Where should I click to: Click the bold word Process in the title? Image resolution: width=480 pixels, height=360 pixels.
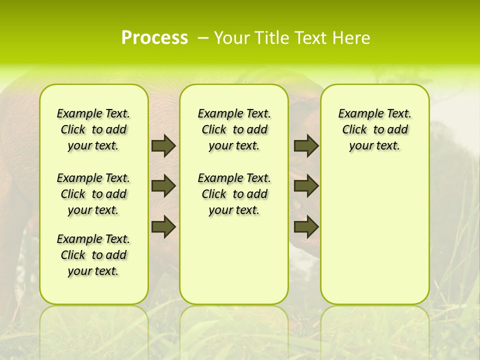coord(154,38)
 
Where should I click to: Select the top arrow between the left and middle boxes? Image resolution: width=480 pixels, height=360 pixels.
coord(163,145)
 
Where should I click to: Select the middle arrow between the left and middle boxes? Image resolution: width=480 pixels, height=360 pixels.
coord(163,186)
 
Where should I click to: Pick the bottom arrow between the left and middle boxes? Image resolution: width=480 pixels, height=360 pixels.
coord(163,226)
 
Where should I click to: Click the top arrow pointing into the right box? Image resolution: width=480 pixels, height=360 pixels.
coord(306,145)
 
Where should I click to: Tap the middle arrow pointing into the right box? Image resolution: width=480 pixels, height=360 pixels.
coord(306,186)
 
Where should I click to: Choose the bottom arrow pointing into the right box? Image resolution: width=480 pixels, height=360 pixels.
coord(306,226)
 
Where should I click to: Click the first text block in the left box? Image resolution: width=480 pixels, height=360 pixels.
coord(93,129)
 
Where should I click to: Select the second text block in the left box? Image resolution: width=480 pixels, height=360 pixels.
coord(93,194)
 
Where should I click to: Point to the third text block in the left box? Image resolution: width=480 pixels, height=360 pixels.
coord(93,255)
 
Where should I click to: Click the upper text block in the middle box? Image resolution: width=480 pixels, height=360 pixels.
coord(234,129)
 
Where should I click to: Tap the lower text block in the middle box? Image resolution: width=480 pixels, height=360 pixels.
coord(234,194)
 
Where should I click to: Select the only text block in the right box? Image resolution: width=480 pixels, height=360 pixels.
coord(374,129)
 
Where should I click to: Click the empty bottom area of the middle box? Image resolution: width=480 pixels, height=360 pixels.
coord(234,265)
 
